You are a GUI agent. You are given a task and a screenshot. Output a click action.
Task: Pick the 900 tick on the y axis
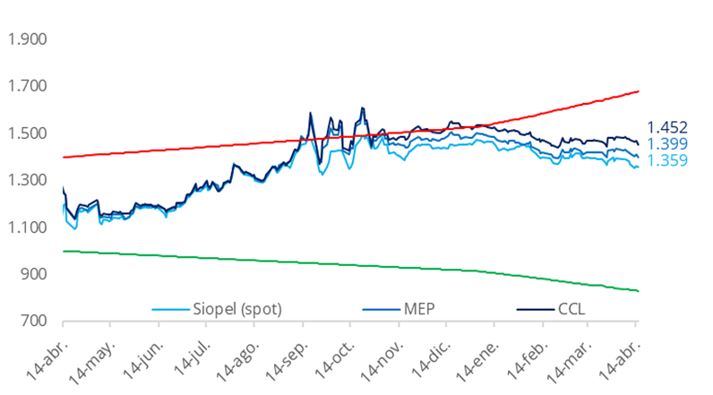33,274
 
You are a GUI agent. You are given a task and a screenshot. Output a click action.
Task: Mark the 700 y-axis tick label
33,321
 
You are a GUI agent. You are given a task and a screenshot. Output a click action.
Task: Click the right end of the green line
638,290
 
